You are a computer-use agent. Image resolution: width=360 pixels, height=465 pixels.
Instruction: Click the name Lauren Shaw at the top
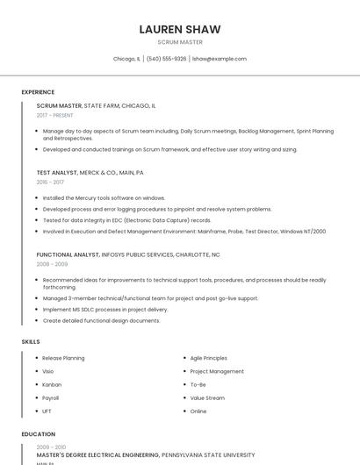(180, 29)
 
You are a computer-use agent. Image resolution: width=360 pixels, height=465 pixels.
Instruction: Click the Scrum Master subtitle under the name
(180, 42)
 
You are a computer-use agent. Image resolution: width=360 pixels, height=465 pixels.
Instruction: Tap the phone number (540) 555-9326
(166, 59)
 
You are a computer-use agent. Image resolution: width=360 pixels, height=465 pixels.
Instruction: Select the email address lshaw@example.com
(220, 59)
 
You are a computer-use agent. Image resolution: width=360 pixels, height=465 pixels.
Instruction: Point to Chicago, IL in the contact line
(126, 59)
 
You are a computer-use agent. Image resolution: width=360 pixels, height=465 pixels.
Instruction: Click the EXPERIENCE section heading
(38, 92)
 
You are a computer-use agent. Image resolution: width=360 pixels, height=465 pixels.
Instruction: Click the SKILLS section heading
(30, 340)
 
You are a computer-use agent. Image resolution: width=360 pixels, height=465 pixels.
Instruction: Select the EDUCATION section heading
(39, 434)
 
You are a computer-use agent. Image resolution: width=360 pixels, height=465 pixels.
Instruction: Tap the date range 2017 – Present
(54, 116)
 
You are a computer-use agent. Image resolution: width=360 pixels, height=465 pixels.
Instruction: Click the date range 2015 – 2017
(50, 182)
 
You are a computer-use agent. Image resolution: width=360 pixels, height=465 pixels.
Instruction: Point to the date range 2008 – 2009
(52, 264)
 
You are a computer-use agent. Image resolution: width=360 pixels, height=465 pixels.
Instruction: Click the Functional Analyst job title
(68, 254)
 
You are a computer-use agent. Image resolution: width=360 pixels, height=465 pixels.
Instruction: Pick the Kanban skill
(52, 384)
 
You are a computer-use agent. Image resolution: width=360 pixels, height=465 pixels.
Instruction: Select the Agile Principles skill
(208, 358)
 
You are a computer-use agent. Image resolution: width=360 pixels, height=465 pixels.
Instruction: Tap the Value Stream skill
(207, 397)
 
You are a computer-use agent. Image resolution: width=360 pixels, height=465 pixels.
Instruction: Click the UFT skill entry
(47, 411)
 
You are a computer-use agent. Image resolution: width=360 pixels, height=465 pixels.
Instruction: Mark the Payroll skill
(51, 397)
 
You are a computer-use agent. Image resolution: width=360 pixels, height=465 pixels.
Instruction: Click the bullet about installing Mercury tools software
(104, 198)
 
